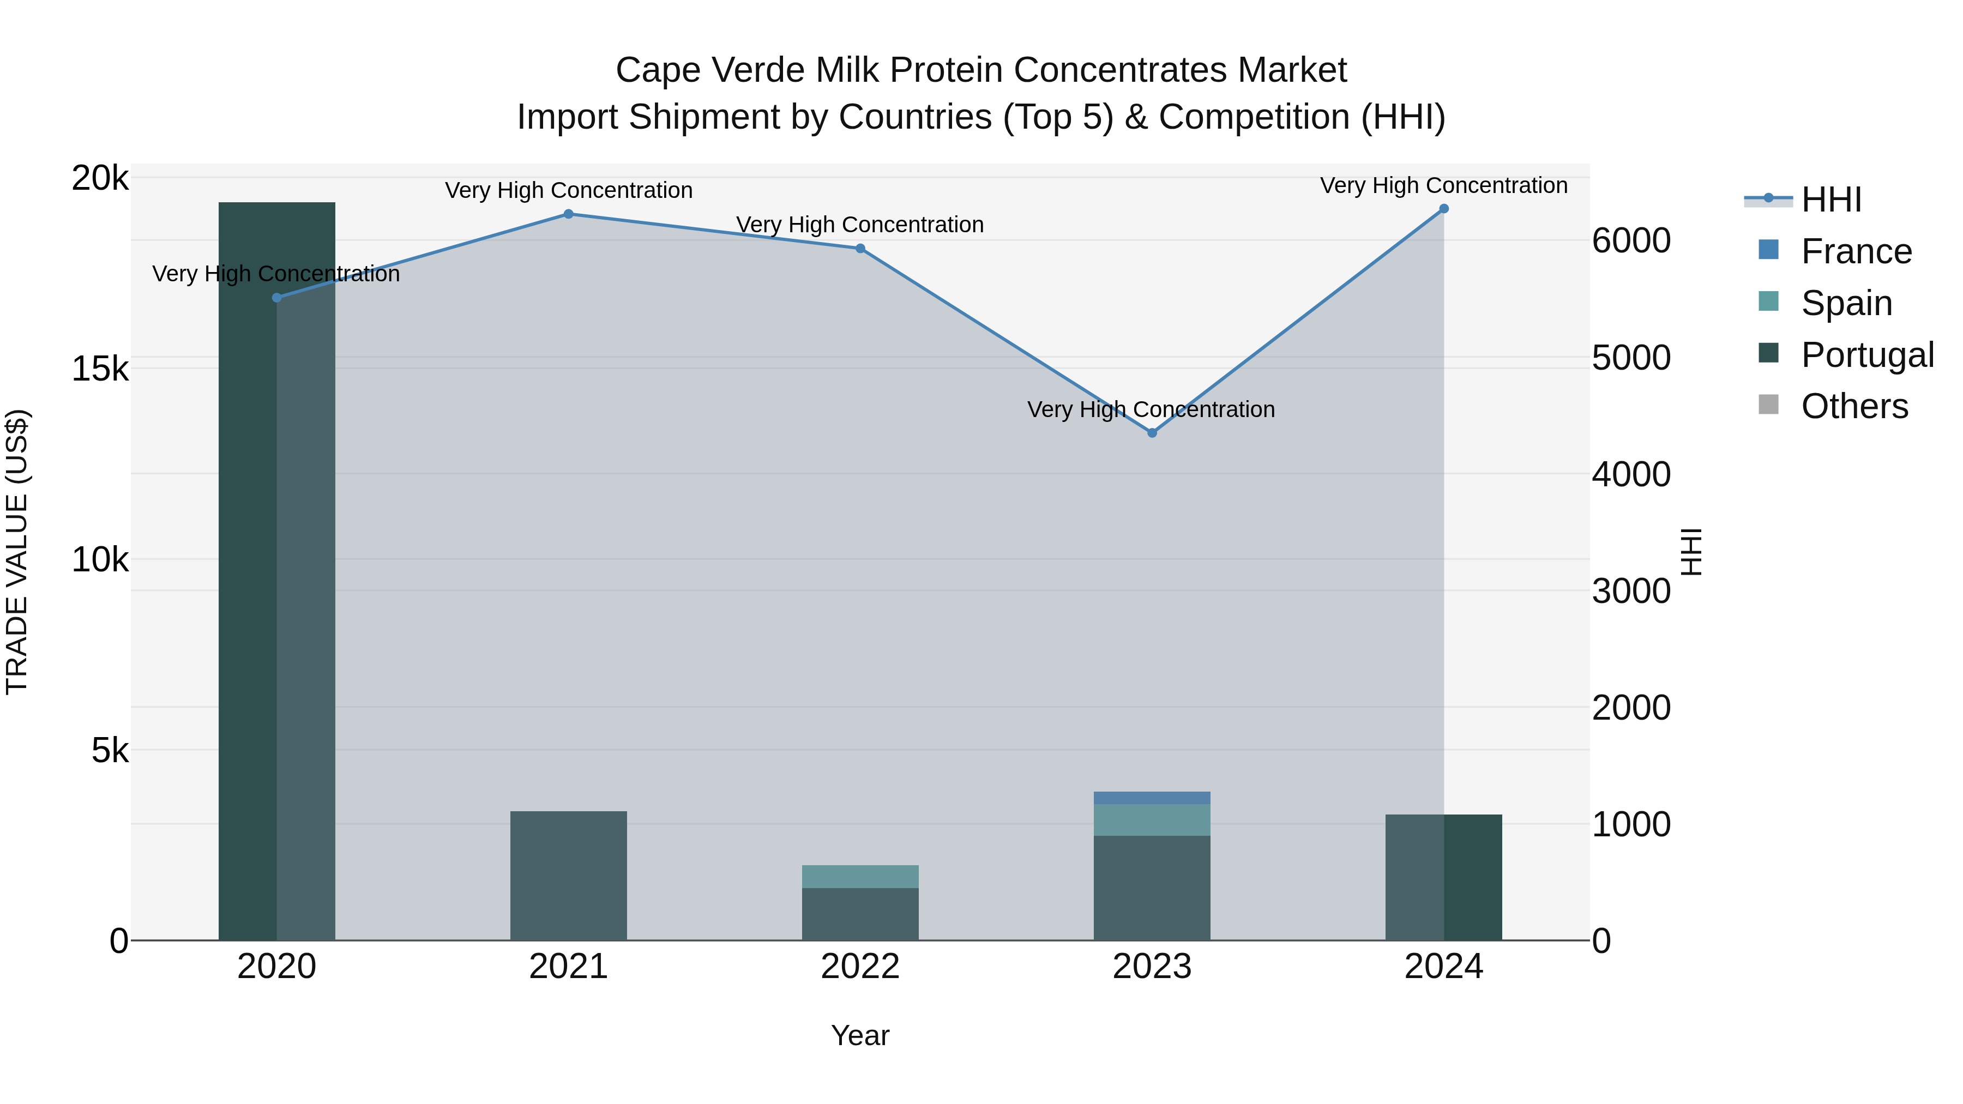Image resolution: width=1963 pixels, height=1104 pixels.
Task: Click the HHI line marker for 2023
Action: tap(1152, 433)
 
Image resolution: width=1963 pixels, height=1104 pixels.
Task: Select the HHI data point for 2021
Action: tap(569, 214)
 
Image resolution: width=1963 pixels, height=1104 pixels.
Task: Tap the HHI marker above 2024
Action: tap(1443, 209)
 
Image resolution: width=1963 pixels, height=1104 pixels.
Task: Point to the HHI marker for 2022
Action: tap(860, 249)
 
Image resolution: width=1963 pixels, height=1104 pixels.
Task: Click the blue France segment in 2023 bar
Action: tap(1152, 798)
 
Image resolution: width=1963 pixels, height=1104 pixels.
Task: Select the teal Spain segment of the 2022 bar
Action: tap(860, 876)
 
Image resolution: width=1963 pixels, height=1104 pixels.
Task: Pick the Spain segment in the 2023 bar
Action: tap(1152, 820)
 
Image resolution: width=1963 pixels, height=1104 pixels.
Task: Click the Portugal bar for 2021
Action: tap(569, 876)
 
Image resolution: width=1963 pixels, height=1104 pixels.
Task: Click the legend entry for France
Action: tap(1856, 251)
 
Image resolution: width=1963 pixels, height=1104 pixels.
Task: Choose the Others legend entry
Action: tap(1854, 406)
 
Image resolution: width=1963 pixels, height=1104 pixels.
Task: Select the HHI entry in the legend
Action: tap(1831, 200)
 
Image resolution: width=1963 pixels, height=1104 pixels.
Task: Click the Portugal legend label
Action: tap(1867, 355)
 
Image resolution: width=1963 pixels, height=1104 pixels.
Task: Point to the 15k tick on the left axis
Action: tap(100, 370)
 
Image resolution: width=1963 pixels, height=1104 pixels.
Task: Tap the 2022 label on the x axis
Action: tap(860, 967)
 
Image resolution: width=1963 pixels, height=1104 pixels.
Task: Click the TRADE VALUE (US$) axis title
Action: tap(17, 552)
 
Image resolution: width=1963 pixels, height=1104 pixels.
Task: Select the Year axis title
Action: tap(860, 1035)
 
